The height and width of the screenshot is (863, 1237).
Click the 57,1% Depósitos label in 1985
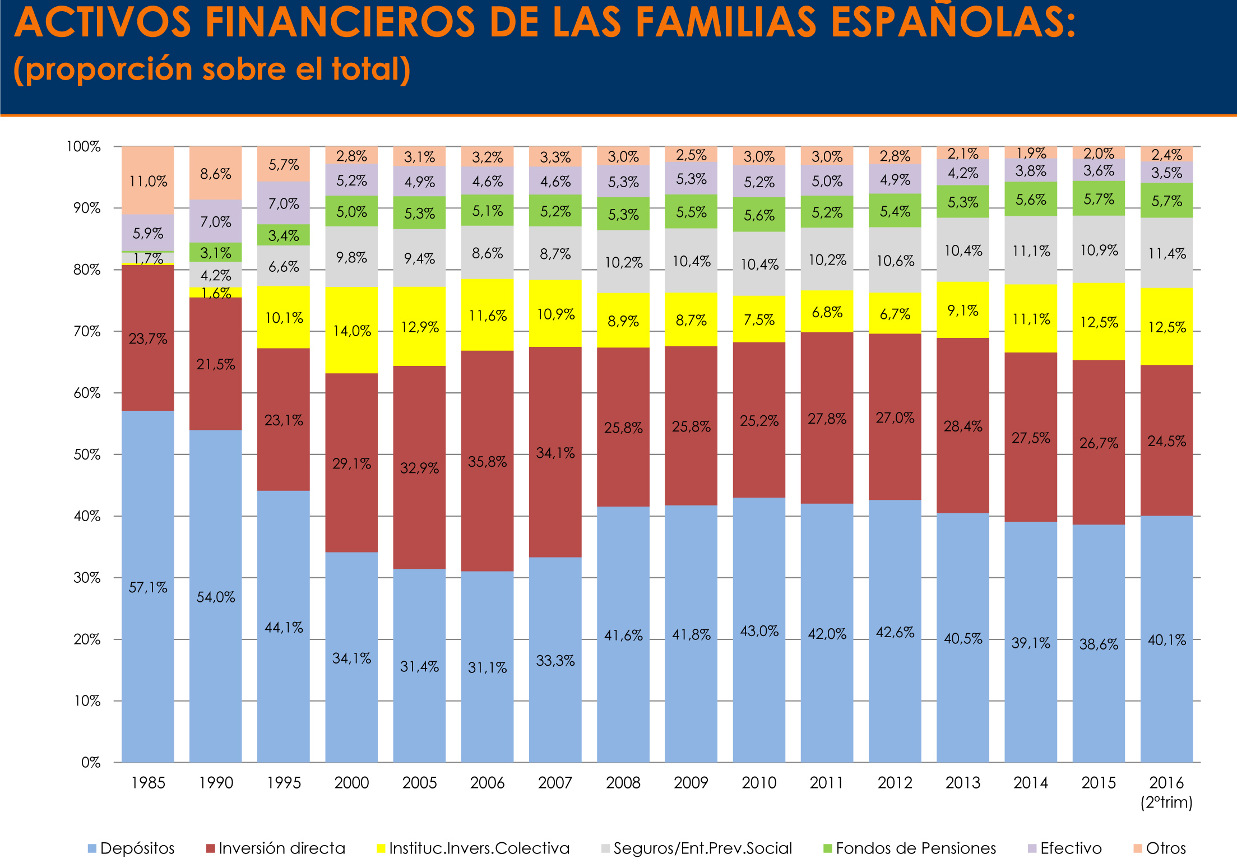click(x=148, y=587)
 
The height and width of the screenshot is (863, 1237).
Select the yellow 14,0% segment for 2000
click(x=351, y=331)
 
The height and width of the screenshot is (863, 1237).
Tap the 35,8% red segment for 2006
click(x=487, y=461)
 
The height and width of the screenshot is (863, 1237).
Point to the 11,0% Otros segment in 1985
click(x=148, y=181)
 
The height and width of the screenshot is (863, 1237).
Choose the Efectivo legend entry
click(x=1064, y=848)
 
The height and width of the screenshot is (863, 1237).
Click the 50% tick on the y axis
click(x=87, y=454)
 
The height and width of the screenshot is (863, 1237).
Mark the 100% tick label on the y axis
click(x=84, y=147)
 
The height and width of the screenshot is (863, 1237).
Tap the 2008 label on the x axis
click(x=623, y=782)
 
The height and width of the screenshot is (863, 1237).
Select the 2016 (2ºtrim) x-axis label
click(x=1166, y=791)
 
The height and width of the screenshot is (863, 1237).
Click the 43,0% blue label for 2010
click(x=759, y=631)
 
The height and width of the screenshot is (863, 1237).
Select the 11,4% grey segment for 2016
click(x=1166, y=253)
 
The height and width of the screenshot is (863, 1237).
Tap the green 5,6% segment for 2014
click(x=1031, y=199)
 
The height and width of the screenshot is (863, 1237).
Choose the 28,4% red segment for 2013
click(x=963, y=426)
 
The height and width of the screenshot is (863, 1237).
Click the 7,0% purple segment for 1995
click(x=284, y=203)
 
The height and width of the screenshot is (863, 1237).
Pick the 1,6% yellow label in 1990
click(x=216, y=293)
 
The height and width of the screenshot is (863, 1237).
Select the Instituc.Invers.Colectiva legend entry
click(x=473, y=848)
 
